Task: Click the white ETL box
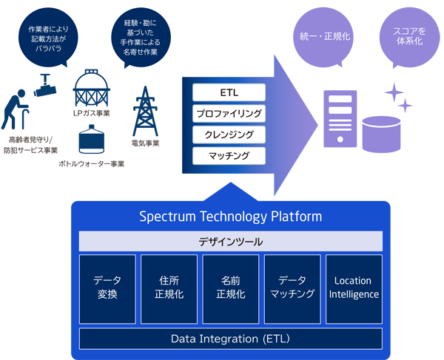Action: (x=229, y=93)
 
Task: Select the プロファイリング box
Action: (x=229, y=114)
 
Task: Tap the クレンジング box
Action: (x=229, y=135)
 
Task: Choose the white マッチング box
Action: (x=229, y=155)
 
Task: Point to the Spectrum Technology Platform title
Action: (x=231, y=217)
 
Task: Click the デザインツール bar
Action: (x=231, y=241)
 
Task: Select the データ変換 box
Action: (x=107, y=288)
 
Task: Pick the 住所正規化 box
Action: (x=169, y=288)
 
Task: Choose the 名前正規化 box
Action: (x=231, y=288)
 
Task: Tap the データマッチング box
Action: (x=292, y=288)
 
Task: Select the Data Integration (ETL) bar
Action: (x=231, y=339)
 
